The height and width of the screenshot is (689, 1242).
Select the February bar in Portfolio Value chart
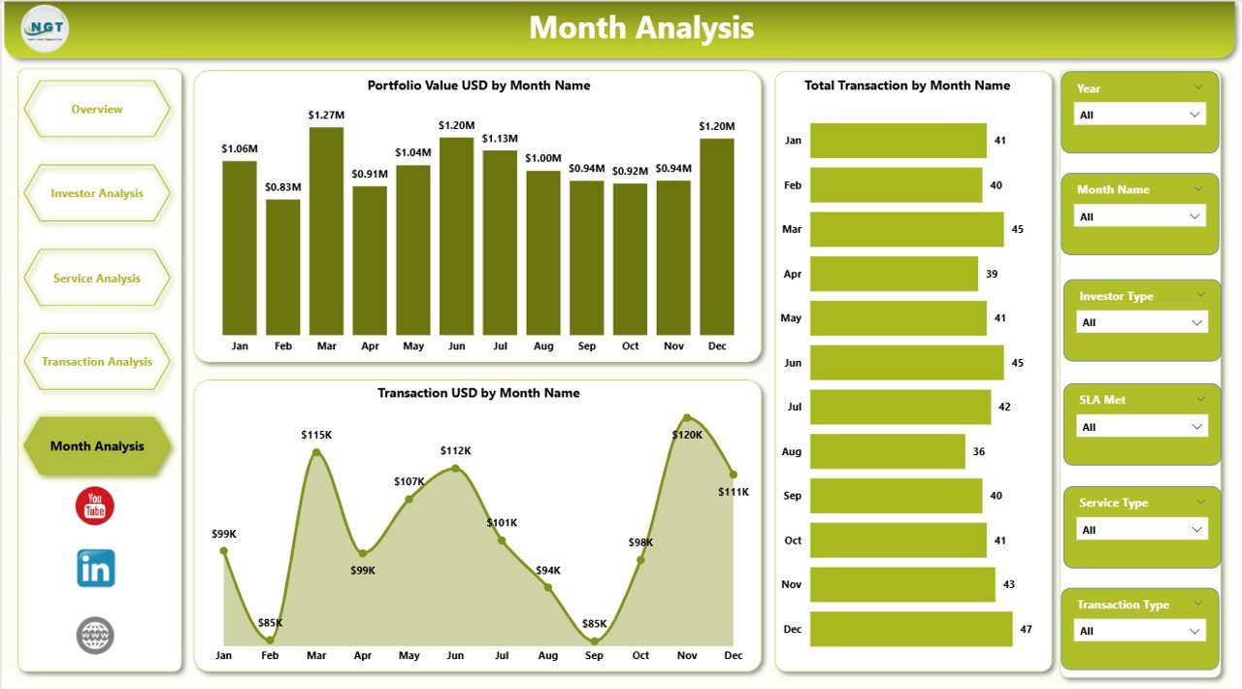(x=282, y=267)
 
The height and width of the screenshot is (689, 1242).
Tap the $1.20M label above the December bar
(x=716, y=126)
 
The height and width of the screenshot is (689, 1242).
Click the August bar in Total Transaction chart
(x=888, y=451)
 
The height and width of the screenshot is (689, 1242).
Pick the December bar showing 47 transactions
(x=911, y=629)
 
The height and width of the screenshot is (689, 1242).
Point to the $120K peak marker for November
(x=687, y=418)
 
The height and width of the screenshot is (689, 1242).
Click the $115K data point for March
(x=316, y=452)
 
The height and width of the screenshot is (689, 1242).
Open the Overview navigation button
(x=97, y=110)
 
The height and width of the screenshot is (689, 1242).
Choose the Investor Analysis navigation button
(x=97, y=193)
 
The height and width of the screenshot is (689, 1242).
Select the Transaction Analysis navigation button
(x=97, y=362)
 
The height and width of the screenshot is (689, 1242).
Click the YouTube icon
(x=95, y=507)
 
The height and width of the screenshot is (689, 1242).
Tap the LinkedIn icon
(x=96, y=569)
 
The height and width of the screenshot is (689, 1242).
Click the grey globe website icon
(x=95, y=636)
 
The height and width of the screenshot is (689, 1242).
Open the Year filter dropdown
(x=1140, y=115)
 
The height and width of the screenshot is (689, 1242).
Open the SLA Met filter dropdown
(x=1142, y=427)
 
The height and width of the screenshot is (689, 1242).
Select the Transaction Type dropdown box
(x=1140, y=631)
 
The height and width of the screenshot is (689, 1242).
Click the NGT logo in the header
(x=45, y=29)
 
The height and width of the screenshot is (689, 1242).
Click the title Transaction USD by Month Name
(x=478, y=393)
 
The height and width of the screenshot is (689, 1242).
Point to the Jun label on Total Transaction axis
(x=793, y=363)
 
